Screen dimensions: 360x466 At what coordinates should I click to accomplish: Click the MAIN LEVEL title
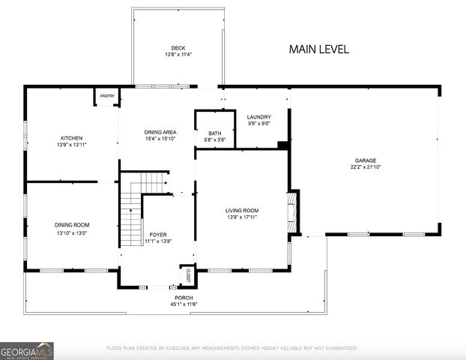coord(318,49)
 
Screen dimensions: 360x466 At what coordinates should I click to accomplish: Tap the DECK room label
coord(178,48)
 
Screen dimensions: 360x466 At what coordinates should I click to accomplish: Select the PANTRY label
coord(106,96)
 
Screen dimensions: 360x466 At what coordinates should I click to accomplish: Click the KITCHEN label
coord(71,138)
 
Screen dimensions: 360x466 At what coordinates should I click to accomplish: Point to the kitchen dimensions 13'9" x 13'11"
coord(71,145)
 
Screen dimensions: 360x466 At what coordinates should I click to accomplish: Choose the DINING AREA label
coord(160,132)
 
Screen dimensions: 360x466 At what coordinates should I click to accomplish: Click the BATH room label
coord(214,133)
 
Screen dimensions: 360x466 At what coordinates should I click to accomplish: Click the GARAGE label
coord(366,160)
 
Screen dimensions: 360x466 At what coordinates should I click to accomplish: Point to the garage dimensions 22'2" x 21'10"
coord(366,166)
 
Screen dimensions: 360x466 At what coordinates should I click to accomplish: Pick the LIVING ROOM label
coord(242,211)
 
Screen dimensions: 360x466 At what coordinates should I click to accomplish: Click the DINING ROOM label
coord(71,225)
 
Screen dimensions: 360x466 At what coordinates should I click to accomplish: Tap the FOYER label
coord(158,235)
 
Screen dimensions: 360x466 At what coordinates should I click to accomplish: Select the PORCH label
coord(184,298)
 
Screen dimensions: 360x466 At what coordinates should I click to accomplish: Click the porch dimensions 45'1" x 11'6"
coord(184,304)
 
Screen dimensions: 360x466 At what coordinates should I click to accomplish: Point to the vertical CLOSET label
coord(188,275)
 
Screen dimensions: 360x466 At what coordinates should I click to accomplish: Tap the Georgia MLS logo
coord(27,350)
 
